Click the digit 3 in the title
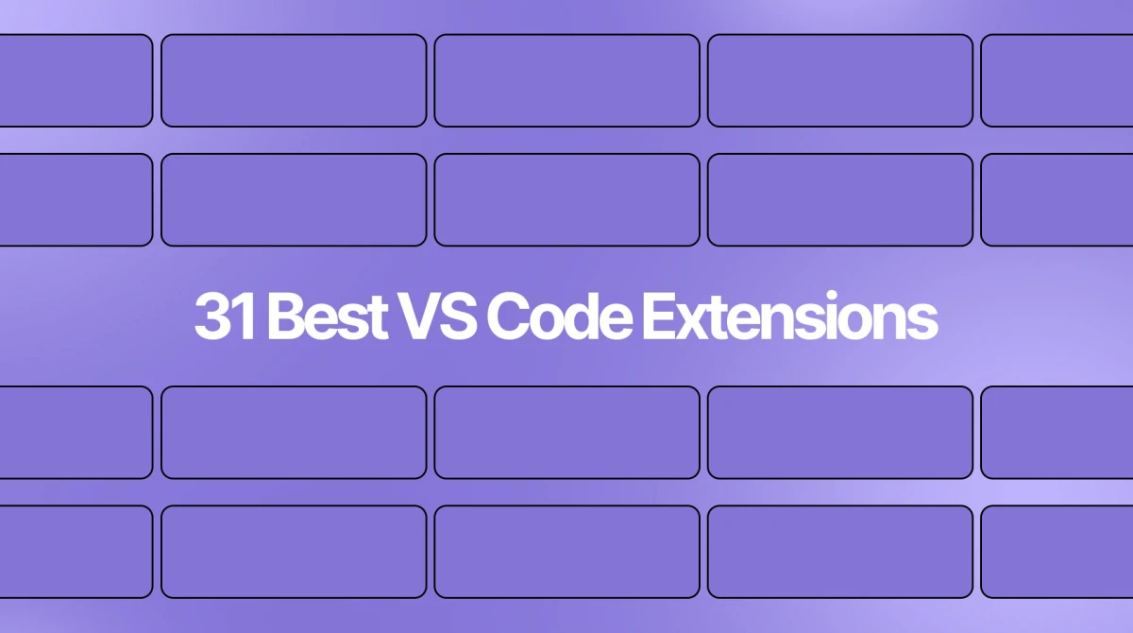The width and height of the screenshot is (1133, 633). pos(213,316)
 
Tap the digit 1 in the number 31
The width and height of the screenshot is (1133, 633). pos(245,316)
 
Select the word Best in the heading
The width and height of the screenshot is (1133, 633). pos(328,316)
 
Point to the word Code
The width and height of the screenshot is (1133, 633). pos(559,316)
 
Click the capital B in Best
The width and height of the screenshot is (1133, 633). pos(285,316)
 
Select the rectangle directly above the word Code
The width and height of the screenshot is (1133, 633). pos(567,200)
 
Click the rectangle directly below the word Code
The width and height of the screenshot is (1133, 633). pos(567,433)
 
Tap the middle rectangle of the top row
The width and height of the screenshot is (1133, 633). pos(567,80)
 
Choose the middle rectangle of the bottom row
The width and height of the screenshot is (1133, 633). pos(567,552)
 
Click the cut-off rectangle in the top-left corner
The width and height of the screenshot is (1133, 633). pos(76,80)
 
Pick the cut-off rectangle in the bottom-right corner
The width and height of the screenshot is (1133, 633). pos(1057,552)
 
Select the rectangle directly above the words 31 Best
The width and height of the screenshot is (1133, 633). pos(294,200)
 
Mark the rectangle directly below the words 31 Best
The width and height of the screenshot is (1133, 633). pos(294,433)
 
